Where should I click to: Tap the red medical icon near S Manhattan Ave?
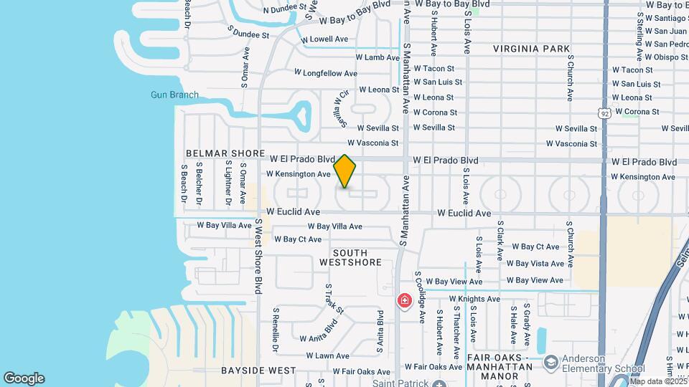point(405,300)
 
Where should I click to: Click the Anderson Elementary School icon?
point(550,361)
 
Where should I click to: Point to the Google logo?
point(24,378)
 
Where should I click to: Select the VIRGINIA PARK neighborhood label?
point(531,49)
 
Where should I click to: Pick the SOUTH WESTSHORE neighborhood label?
point(350,258)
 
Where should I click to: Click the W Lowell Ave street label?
point(324,39)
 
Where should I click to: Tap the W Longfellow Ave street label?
point(325,73)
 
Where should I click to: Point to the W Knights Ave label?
point(474,299)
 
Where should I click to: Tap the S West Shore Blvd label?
point(258,256)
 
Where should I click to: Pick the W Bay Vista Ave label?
point(538,264)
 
